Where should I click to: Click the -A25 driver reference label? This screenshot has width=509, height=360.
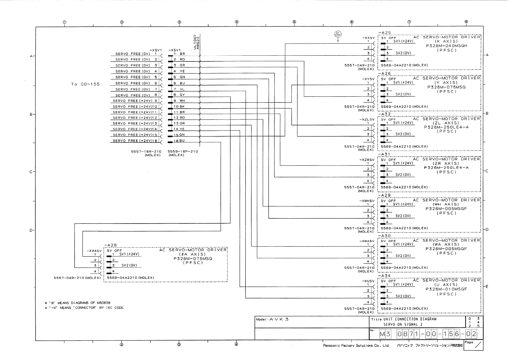384,33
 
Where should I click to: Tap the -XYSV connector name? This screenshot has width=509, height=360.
368,79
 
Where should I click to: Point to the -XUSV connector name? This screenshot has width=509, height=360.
368,281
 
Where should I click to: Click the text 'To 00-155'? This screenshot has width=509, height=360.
85,84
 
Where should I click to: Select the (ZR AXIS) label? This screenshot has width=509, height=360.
446,163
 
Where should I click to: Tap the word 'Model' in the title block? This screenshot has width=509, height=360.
261,319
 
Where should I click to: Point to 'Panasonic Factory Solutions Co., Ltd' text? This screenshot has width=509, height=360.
356,345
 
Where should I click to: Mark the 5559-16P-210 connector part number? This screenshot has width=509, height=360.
183,151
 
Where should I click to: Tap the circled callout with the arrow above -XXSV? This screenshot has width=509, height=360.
338,34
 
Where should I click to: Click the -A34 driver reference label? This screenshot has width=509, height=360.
384,276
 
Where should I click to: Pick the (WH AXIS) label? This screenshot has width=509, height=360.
446,204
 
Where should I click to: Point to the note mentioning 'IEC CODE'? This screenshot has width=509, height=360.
85,308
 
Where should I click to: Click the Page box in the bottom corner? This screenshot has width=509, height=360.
473,345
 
